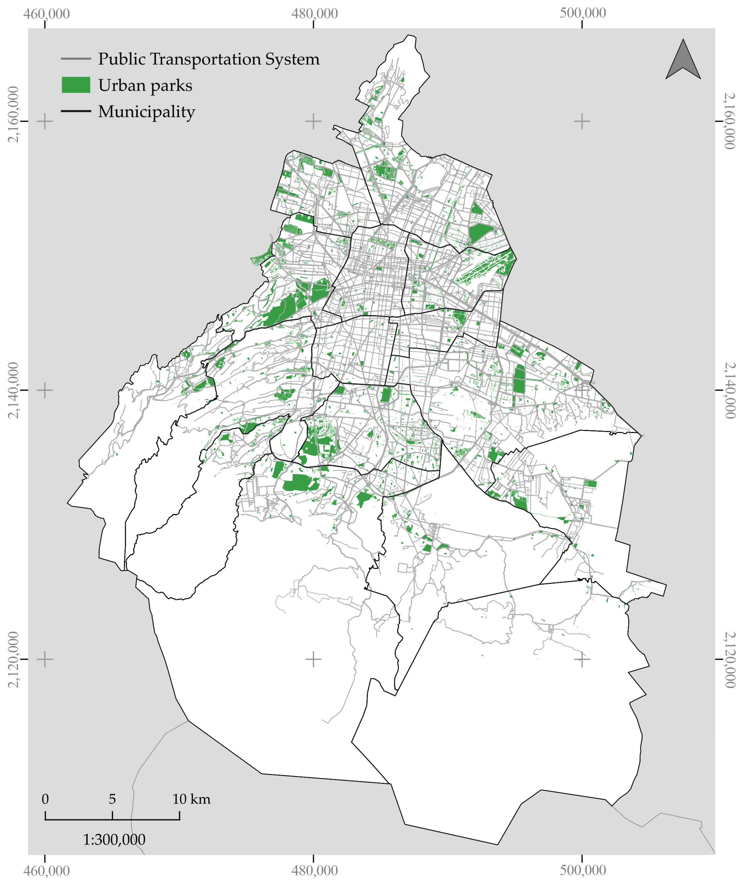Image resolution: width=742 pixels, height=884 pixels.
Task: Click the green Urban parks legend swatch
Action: coord(76,85)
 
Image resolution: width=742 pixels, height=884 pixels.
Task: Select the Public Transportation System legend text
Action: coord(209,59)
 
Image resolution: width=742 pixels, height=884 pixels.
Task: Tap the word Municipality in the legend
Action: coord(146,111)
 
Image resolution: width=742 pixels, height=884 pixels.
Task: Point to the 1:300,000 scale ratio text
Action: coord(114,839)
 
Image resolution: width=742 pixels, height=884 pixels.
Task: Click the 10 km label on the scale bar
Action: coord(191,799)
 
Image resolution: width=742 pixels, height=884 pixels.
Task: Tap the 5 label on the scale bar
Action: coord(112,799)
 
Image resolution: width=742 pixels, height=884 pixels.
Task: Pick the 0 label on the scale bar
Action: coord(45,799)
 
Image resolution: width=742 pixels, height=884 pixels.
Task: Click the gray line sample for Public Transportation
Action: coord(76,59)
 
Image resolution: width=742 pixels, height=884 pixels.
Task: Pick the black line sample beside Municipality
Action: coord(76,111)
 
